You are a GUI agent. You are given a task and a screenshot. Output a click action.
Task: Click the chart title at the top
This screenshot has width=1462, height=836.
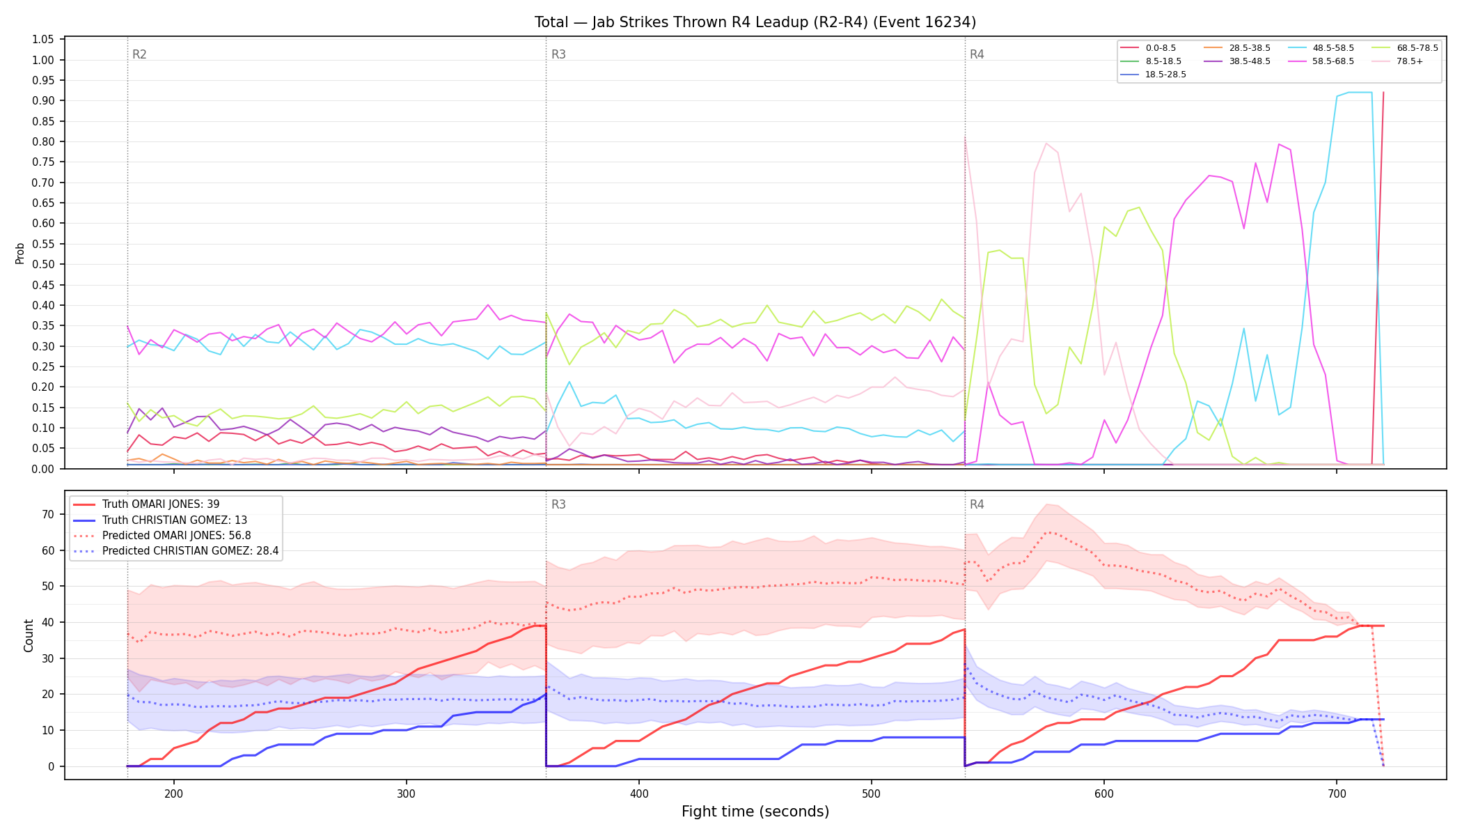click(755, 22)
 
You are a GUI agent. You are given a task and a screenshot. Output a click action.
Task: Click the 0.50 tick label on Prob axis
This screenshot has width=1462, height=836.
click(43, 264)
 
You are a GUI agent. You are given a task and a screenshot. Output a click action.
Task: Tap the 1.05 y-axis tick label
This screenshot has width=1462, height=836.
click(43, 39)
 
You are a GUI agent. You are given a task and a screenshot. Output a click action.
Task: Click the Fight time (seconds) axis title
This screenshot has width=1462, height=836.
click(755, 812)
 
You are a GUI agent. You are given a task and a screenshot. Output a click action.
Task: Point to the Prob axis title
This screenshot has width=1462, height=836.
click(20, 253)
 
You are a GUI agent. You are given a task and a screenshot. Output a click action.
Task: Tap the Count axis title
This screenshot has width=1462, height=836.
click(29, 635)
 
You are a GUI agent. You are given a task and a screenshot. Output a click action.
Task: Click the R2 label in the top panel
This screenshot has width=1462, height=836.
click(139, 54)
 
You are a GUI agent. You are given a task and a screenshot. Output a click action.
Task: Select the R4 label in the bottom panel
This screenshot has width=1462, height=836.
click(977, 504)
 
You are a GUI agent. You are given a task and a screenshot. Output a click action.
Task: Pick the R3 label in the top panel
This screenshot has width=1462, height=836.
click(558, 54)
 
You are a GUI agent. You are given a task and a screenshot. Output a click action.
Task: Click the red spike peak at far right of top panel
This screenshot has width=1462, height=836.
click(1383, 92)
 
